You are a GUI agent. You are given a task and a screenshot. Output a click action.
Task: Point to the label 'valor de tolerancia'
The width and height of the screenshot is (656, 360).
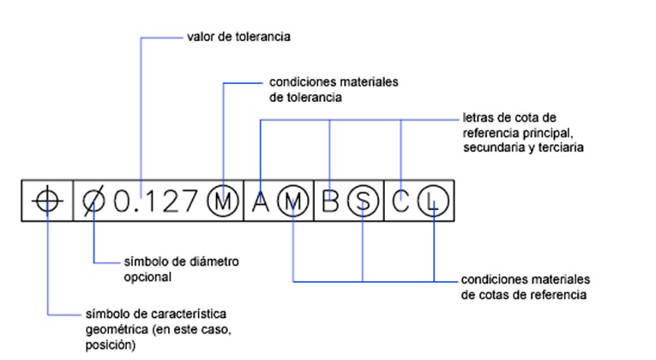pos(239,37)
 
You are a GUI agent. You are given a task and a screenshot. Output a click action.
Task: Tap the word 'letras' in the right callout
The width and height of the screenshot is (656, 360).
pos(477,117)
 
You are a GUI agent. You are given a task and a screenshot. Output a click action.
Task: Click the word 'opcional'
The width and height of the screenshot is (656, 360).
pos(147,277)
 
